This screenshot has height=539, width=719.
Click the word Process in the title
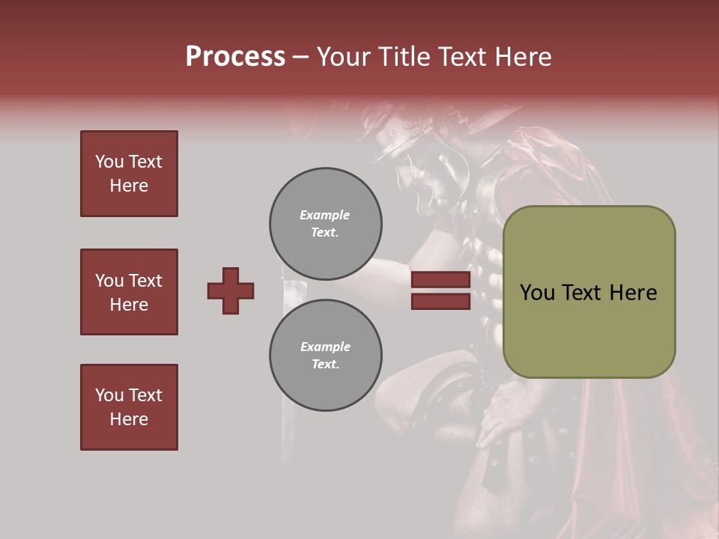[x=235, y=57]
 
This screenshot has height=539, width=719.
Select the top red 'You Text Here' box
[x=129, y=174]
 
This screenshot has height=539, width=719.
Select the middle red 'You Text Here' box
[x=129, y=292]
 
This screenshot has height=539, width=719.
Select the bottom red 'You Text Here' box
[x=129, y=407]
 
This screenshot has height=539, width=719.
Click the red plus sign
[x=231, y=290]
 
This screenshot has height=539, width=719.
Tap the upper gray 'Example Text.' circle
[x=326, y=224]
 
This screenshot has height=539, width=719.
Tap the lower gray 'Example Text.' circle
[x=326, y=356]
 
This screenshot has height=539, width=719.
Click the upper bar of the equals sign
[x=440, y=280]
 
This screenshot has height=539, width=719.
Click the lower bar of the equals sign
[x=440, y=301]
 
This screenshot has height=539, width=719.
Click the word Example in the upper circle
[x=325, y=215]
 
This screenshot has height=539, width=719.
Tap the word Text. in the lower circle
[x=325, y=365]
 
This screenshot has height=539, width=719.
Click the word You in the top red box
[x=108, y=162]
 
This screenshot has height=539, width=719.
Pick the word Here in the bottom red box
[x=129, y=419]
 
